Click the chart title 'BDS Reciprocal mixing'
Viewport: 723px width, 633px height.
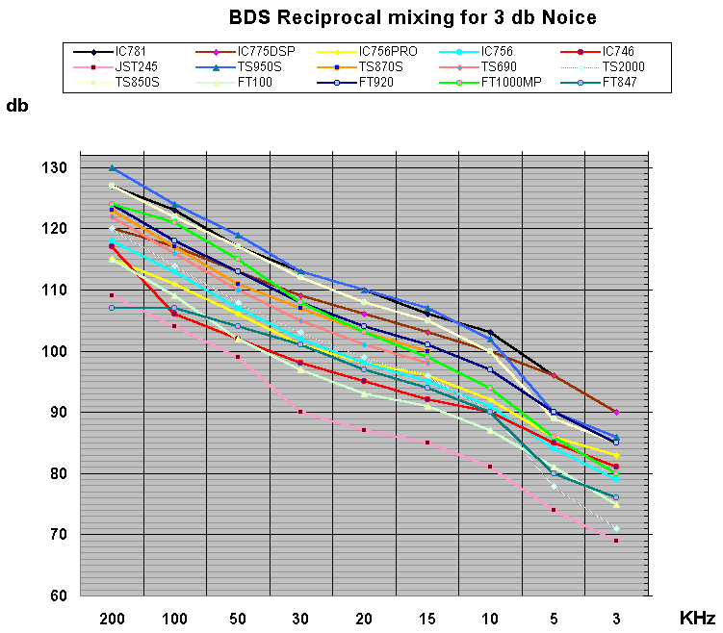point(413,17)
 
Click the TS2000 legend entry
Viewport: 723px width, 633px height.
point(623,66)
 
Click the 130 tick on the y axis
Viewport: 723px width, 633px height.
point(53,168)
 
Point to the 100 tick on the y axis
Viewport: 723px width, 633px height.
point(53,351)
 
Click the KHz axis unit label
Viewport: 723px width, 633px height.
point(697,615)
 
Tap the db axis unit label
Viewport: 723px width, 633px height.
point(17,106)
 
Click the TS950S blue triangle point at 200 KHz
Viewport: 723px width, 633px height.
point(112,167)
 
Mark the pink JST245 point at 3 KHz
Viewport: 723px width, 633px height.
point(616,541)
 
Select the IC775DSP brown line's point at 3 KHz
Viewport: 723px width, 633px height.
point(616,412)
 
